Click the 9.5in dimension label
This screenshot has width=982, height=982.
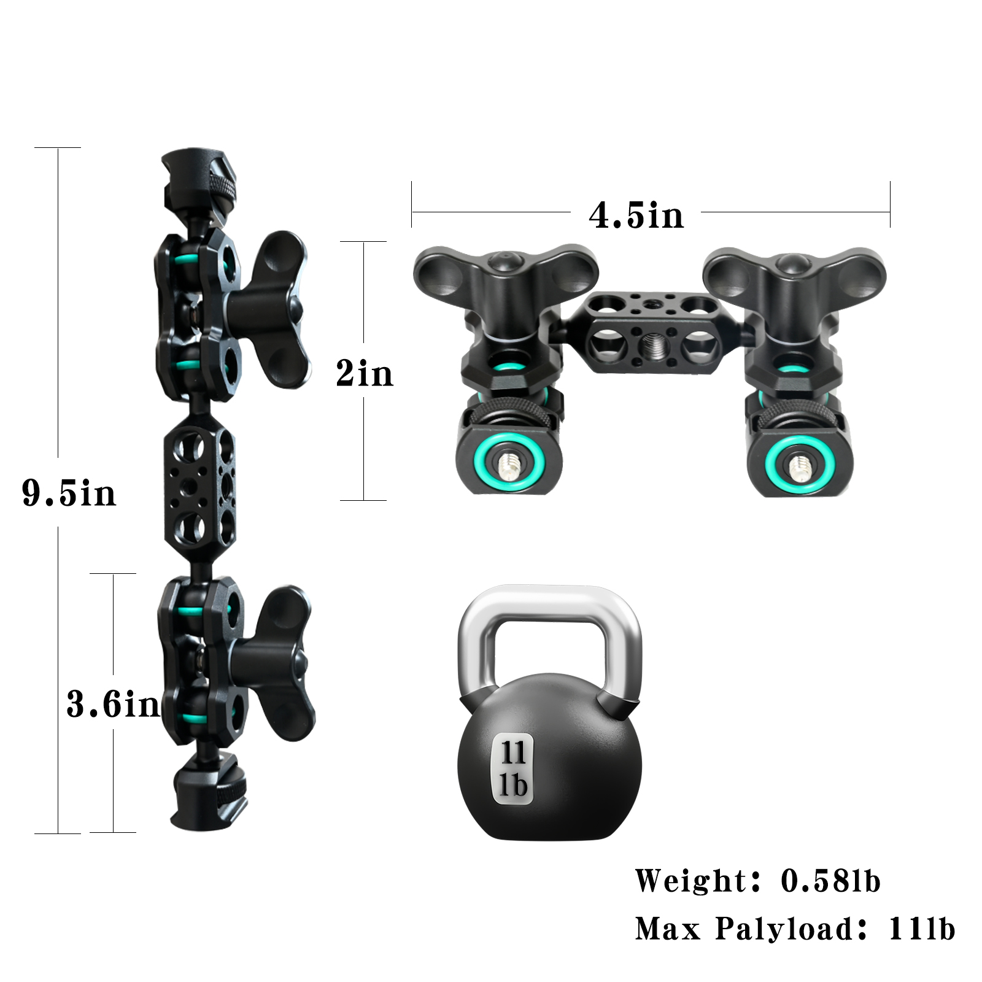69,493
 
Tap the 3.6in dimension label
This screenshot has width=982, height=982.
113,704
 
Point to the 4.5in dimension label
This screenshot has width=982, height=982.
636,215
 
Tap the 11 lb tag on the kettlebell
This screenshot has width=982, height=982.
513,768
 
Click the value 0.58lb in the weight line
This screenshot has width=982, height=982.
830,881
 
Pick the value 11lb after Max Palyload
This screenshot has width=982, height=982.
922,929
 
